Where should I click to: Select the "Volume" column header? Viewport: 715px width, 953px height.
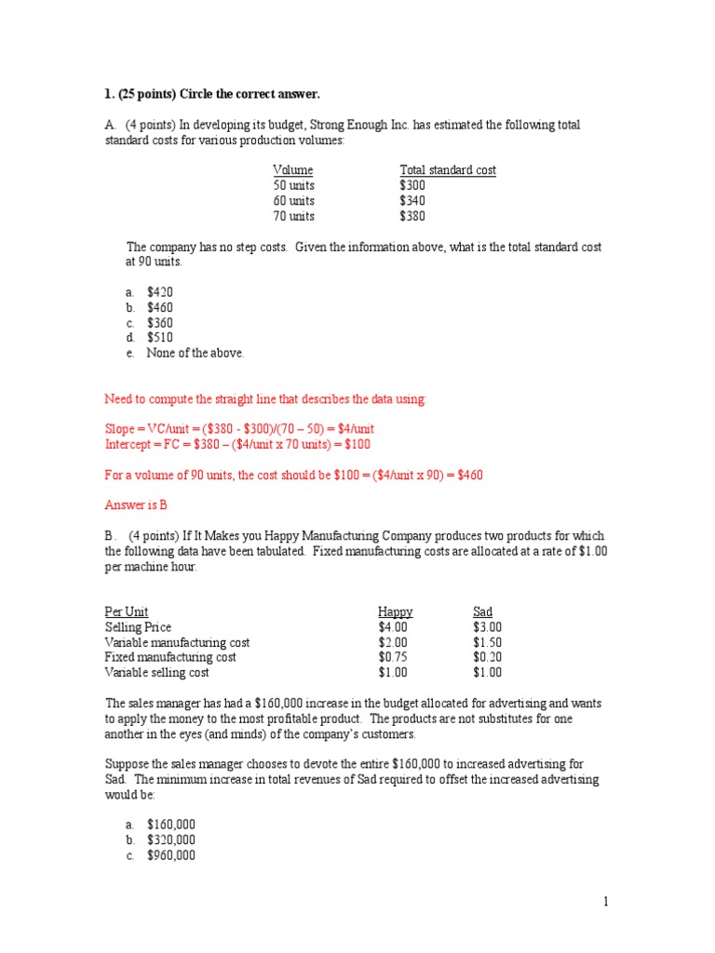point(292,170)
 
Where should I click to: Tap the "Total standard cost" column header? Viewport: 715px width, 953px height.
point(448,170)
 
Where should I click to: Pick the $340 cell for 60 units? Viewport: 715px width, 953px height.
point(412,201)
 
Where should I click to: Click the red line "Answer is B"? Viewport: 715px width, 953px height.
point(136,504)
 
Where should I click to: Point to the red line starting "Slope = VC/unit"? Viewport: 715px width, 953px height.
point(239,429)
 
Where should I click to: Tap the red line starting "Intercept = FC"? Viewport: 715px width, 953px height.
point(237,444)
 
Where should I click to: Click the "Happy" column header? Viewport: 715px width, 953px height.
point(395,612)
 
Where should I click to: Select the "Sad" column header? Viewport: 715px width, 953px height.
point(482,612)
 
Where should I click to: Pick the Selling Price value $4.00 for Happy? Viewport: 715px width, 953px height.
point(393,627)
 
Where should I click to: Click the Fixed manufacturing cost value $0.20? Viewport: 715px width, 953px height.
point(487,657)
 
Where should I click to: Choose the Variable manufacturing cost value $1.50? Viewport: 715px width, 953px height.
point(487,642)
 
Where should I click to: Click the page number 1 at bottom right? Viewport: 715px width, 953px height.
point(605,901)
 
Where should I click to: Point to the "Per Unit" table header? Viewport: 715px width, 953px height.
point(127,612)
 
